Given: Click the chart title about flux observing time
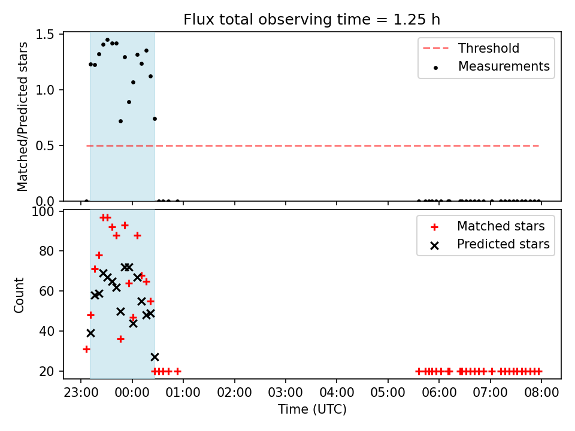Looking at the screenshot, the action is tap(311, 19).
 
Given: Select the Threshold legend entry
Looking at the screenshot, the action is tap(471, 48).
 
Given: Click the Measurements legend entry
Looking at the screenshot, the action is tap(491, 66).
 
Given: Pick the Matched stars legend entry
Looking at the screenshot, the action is tap(488, 226).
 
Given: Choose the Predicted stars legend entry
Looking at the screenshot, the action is tap(490, 244).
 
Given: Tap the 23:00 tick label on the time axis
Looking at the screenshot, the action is tap(81, 393).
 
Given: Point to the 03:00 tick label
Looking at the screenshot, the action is tap(285, 393).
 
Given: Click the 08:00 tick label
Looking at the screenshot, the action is tap(541, 393).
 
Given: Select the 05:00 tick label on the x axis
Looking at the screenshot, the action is tap(388, 393).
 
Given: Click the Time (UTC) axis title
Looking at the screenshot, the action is tap(312, 409).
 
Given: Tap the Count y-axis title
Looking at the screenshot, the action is tap(19, 295).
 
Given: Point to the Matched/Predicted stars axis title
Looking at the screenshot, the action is tap(22, 117).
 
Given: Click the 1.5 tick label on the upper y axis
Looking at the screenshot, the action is tap(45, 35).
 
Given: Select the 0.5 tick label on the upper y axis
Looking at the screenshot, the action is tap(45, 146).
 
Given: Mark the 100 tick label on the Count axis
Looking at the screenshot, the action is tap(43, 211).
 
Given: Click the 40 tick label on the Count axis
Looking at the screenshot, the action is tap(47, 331).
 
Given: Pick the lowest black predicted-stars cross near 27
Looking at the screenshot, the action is tap(155, 357).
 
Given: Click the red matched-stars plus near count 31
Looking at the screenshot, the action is tap(86, 349).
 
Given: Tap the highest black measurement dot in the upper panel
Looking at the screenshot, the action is tap(107, 40).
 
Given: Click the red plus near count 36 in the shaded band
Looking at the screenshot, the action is tap(120, 339).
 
